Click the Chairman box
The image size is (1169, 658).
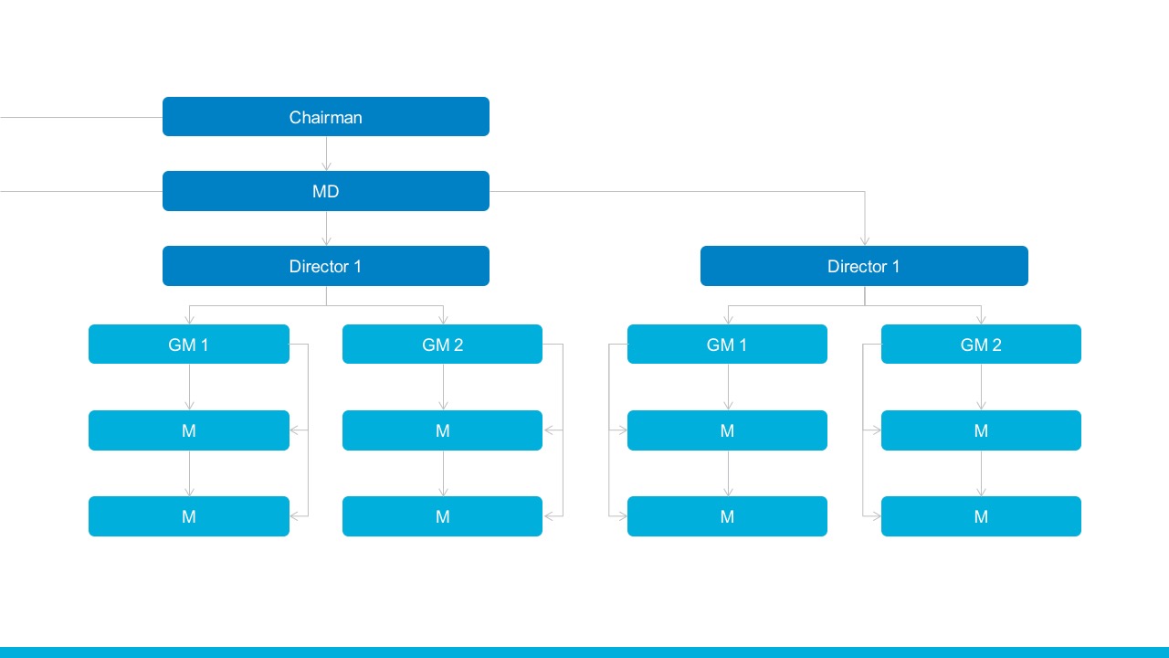(326, 116)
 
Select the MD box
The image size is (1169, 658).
(326, 191)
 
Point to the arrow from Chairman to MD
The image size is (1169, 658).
(326, 154)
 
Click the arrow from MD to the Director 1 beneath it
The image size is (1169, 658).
(326, 228)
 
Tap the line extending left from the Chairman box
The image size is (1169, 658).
(81, 118)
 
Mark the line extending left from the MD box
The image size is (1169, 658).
(81, 192)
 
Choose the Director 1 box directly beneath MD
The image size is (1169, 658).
(326, 266)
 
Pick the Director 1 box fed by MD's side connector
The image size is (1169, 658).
(864, 266)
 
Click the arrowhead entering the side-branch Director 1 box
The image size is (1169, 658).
(865, 241)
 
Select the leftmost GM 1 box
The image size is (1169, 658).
(189, 345)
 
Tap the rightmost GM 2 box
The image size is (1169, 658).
(981, 345)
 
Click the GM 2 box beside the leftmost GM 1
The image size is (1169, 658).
(442, 345)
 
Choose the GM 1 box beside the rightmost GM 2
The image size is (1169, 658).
(727, 345)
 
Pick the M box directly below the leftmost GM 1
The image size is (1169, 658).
(189, 430)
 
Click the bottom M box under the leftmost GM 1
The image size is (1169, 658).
(189, 516)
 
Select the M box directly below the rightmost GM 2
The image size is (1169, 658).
(981, 430)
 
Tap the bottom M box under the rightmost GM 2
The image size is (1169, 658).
(981, 516)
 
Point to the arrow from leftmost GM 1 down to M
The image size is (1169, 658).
(189, 387)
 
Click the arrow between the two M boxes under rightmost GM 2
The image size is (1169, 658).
(981, 473)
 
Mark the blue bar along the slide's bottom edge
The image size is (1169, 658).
(584, 653)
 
